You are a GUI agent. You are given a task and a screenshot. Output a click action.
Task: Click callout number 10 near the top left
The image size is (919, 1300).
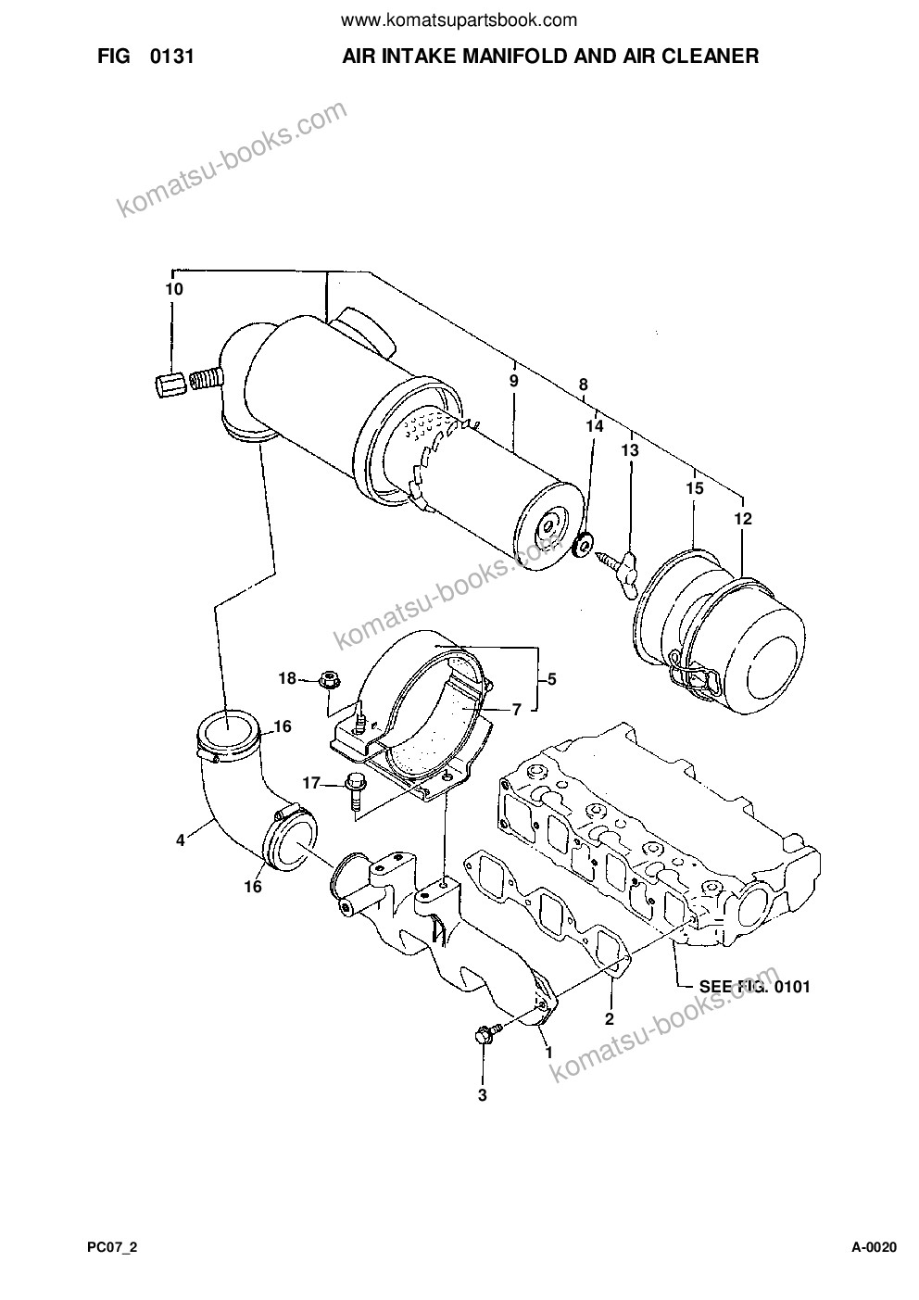pos(174,289)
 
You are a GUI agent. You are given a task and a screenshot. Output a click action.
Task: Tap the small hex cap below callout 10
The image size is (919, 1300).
pos(170,385)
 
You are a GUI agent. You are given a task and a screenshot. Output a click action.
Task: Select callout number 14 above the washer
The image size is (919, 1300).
pos(594,426)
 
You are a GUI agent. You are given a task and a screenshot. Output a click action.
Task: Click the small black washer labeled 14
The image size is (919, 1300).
pos(582,545)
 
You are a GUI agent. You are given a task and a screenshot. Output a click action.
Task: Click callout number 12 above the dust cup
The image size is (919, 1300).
pos(743,518)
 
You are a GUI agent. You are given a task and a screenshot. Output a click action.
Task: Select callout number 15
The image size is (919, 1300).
pos(695,488)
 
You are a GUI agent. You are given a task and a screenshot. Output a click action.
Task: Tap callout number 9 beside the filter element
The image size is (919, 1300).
pos(514,382)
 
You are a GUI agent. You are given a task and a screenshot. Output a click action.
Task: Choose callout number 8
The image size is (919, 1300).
pos(583,385)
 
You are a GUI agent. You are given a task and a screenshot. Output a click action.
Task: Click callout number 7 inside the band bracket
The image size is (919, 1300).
pos(516,709)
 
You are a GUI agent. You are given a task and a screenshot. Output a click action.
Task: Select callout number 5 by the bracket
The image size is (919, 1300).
pos(551,678)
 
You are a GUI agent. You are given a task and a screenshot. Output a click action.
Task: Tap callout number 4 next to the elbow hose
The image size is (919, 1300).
pos(181,839)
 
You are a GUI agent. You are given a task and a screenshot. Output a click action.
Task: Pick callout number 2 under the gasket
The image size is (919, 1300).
pos(610,1018)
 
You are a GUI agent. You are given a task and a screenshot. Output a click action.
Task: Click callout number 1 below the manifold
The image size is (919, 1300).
pos(548,1052)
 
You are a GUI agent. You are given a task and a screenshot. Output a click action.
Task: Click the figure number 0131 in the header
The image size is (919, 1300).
pos(171,57)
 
